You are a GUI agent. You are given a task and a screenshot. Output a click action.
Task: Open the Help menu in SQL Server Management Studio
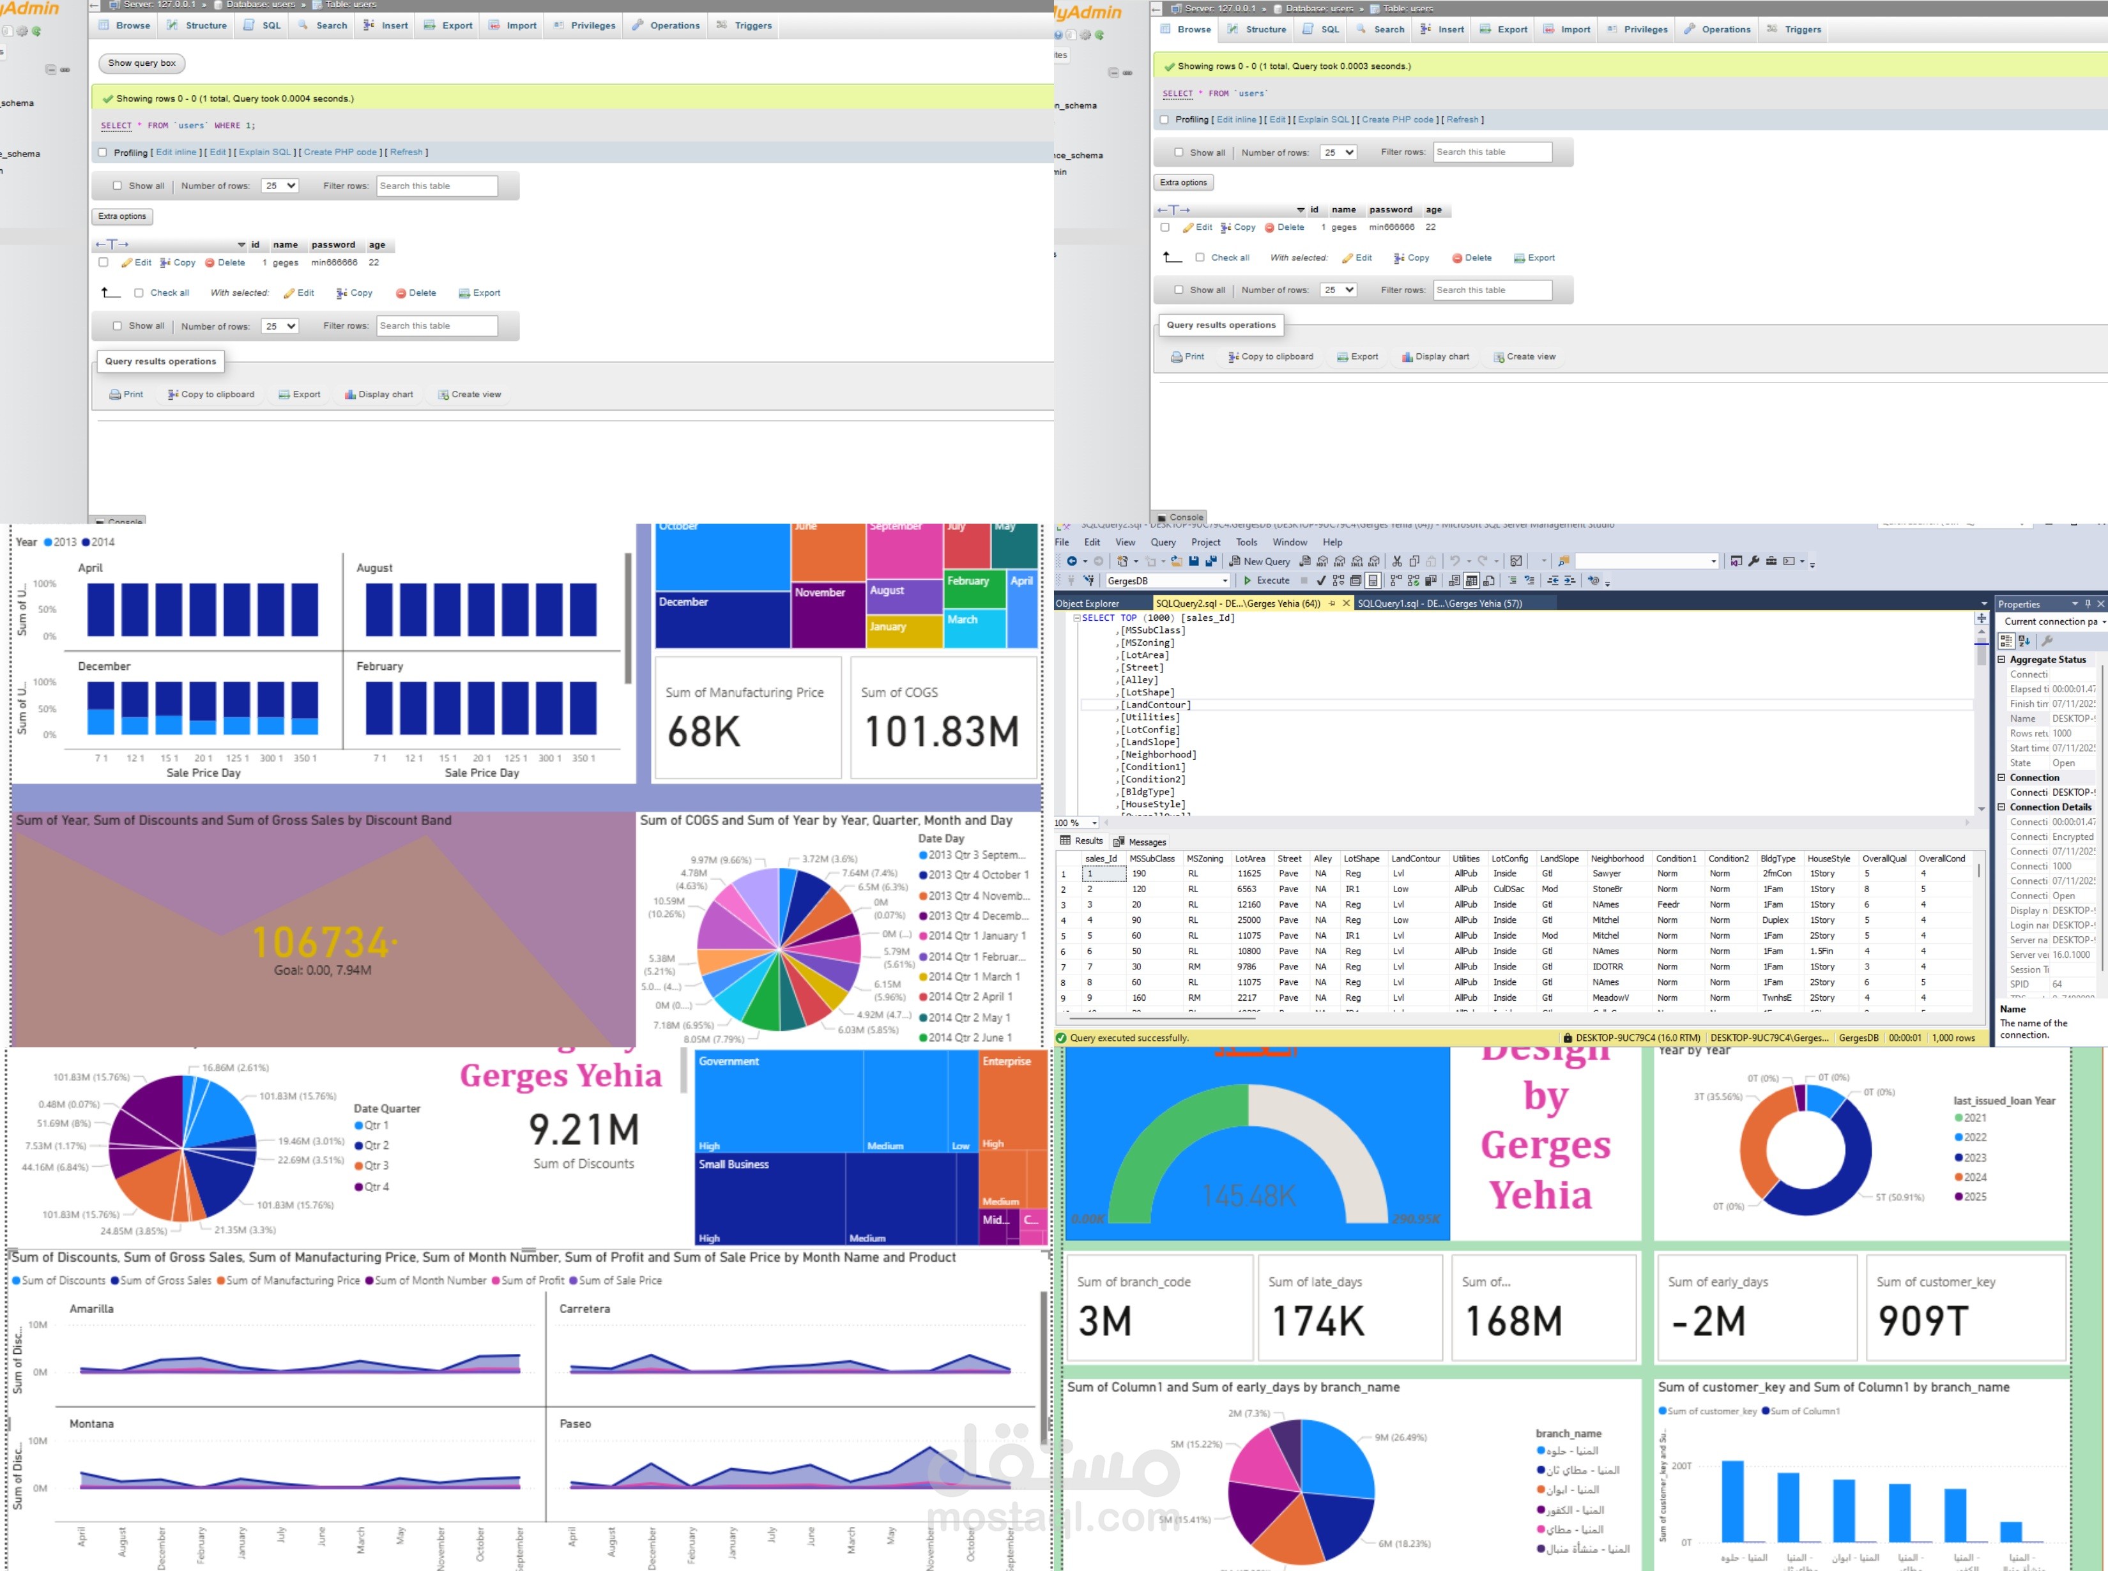click(x=1332, y=542)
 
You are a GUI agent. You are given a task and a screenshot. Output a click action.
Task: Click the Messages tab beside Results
click(x=1141, y=842)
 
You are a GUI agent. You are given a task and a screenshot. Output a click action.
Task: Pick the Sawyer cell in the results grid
click(x=1607, y=874)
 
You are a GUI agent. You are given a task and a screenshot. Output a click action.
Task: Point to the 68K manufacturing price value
click(x=704, y=732)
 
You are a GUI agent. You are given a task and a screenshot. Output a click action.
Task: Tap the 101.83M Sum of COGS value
click(x=942, y=732)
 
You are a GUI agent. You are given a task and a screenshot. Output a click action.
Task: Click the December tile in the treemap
click(x=684, y=602)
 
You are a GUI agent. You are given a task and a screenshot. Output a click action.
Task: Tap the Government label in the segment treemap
click(x=729, y=1061)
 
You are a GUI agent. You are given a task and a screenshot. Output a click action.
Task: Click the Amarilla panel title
click(x=91, y=1309)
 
